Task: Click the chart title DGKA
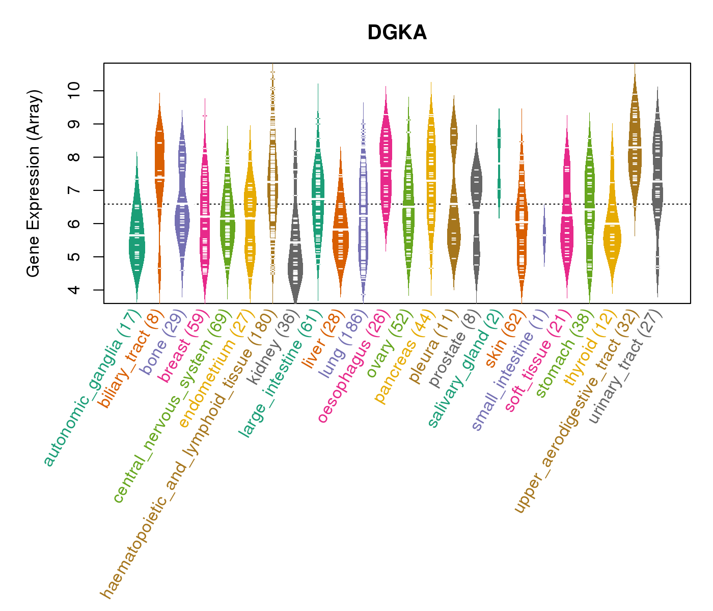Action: (x=397, y=33)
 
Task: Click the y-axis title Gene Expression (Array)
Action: (x=34, y=183)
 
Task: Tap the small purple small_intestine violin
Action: (x=544, y=234)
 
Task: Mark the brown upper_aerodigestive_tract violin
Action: (x=635, y=148)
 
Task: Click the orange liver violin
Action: (x=340, y=234)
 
